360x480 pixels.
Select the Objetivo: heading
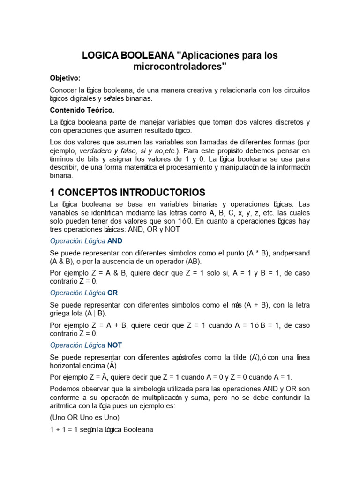pyautogui.click(x=65, y=78)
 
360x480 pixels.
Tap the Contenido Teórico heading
pyautogui.click(x=82, y=110)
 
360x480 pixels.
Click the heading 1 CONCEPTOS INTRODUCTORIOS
pyautogui.click(x=127, y=192)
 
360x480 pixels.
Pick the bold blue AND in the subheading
pyautogui.click(x=114, y=241)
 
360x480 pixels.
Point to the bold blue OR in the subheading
pyautogui.click(x=112, y=293)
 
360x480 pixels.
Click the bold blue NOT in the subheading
pyautogui.click(x=114, y=345)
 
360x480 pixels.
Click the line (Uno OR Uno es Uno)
pyautogui.click(x=85, y=418)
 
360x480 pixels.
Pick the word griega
pyautogui.click(x=61, y=313)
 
